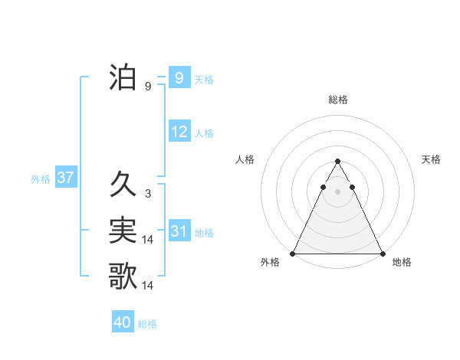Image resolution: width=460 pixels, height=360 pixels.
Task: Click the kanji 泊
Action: click(x=123, y=77)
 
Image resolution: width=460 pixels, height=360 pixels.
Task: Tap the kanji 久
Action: click(x=123, y=185)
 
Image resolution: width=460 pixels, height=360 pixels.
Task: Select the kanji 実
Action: click(x=123, y=231)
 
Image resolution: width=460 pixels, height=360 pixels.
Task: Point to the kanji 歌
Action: click(x=123, y=276)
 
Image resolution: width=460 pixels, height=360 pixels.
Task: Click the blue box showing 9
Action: click(x=179, y=78)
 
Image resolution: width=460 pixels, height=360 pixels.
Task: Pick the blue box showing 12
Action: click(x=179, y=132)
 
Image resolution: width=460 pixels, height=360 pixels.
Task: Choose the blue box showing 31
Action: click(x=179, y=231)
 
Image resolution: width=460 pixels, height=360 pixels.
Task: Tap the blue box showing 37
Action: click(x=65, y=178)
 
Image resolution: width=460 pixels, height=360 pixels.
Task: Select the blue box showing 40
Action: click(x=123, y=322)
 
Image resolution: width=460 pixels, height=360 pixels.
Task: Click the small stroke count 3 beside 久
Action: click(x=147, y=194)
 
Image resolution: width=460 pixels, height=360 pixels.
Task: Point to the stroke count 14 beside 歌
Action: click(x=148, y=286)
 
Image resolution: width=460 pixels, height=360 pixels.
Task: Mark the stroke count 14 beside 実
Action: click(x=148, y=240)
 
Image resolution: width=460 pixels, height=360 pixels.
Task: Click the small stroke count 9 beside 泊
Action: click(x=147, y=87)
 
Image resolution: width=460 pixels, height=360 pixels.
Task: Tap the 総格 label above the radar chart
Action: click(x=337, y=100)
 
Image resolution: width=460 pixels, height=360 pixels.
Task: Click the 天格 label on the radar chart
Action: click(x=431, y=159)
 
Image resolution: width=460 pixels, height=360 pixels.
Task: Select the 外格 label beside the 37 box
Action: click(x=40, y=179)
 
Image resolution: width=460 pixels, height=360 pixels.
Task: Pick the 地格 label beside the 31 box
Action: click(x=204, y=232)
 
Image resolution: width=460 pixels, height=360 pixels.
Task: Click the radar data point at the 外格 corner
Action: click(x=293, y=254)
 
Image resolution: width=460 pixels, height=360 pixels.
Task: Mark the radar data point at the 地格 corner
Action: click(x=382, y=254)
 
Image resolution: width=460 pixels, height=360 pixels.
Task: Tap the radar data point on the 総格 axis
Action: click(x=337, y=162)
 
